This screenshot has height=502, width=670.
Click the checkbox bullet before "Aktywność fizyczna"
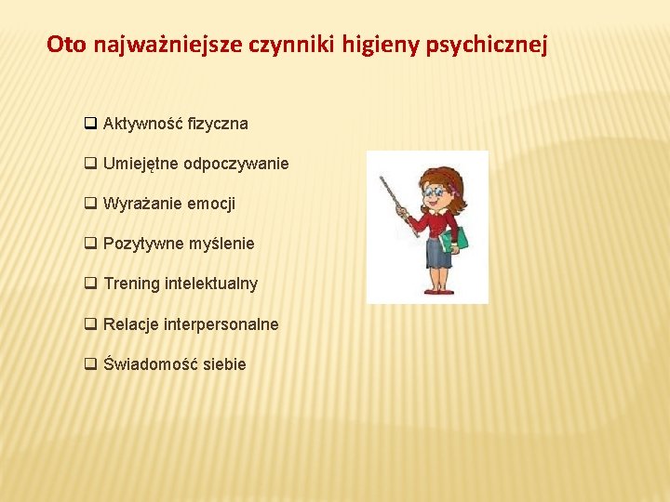click(x=90, y=124)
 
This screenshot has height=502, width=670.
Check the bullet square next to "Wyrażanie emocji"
click(x=90, y=204)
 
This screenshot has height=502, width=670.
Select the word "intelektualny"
click(x=211, y=284)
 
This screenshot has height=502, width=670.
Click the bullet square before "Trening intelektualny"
click(x=90, y=284)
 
